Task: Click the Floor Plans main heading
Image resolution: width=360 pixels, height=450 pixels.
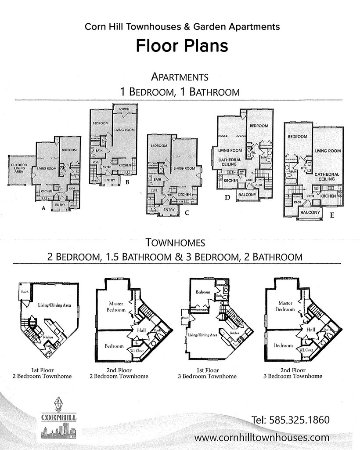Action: click(x=182, y=45)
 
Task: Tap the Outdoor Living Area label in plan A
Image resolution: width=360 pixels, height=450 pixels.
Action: click(x=17, y=168)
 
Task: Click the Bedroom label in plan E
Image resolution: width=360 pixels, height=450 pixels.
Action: click(x=297, y=137)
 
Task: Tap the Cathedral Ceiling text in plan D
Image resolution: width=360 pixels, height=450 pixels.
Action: click(x=230, y=162)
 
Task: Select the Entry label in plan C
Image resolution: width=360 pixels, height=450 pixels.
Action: click(x=169, y=210)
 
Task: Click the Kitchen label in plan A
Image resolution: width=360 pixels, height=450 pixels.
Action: click(x=47, y=192)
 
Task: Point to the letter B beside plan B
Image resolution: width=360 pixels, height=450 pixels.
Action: click(x=127, y=181)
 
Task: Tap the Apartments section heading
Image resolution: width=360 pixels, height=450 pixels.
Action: click(x=179, y=77)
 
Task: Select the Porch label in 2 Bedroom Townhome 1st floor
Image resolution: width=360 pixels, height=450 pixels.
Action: click(x=25, y=291)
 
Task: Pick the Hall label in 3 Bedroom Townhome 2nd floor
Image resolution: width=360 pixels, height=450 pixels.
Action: click(x=311, y=330)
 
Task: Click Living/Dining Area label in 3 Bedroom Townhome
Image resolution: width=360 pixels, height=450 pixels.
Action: click(x=202, y=335)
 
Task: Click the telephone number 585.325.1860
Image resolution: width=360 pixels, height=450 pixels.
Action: click(x=291, y=420)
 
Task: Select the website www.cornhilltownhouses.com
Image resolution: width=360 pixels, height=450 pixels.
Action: click(x=262, y=438)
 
